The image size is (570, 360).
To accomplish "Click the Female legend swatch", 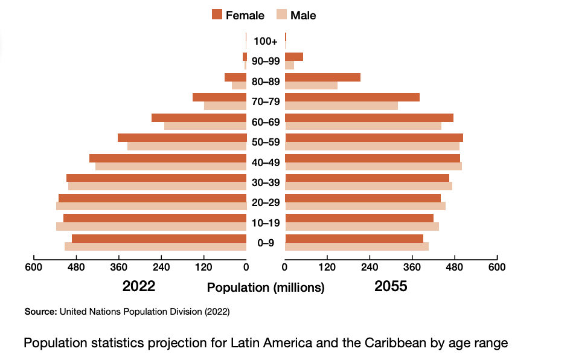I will coord(217,14).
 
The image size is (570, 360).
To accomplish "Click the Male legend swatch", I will coord(281,14).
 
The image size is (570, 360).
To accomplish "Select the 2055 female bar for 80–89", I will coord(322,77).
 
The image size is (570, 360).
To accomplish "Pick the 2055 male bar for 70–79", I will coord(341,106).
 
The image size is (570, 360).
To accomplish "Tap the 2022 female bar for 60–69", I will coord(199,118).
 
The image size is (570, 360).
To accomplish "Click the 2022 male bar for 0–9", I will coord(155,246).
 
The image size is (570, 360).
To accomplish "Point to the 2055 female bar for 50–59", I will coord(374,138).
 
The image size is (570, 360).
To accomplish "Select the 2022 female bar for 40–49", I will coord(168,158).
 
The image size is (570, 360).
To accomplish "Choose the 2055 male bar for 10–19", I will coord(362,227).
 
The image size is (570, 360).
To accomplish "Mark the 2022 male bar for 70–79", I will coord(225,106).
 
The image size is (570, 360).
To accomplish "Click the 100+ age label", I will coord(266,41).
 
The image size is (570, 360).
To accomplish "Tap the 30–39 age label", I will coord(266,182).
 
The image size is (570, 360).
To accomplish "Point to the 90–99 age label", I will coord(266,61).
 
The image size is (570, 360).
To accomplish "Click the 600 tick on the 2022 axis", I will coord(33,266).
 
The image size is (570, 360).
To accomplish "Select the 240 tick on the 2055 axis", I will coord(370,266).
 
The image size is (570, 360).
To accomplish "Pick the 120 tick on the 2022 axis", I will coord(203,266).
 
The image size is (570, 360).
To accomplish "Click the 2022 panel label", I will coord(139,286).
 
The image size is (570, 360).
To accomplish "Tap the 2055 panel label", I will coord(391,286).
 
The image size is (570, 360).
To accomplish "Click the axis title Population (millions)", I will coord(266,288).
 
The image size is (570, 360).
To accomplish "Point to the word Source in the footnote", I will coord(40,312).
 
